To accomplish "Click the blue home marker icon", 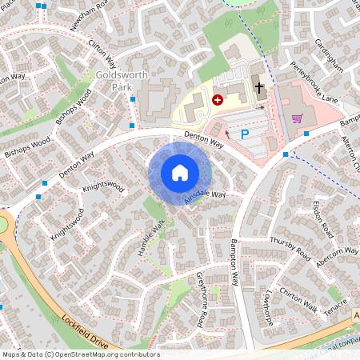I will tap(180, 172).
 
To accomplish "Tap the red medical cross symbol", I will tap(218, 99).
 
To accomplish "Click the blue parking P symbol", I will tap(245, 136).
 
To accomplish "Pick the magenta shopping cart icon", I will tap(297, 118).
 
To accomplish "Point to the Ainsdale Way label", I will tap(204, 196).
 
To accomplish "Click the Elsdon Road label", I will tap(322, 218).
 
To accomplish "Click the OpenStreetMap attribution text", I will tap(81, 354).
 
